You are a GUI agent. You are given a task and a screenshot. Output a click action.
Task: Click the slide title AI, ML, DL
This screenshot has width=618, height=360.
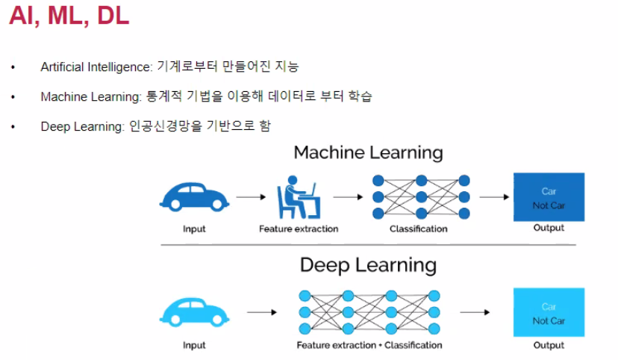tap(69, 16)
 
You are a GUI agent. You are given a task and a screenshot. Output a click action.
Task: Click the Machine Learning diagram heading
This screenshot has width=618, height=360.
tap(368, 153)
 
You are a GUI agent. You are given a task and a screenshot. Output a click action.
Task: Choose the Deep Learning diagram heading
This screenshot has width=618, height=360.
tap(368, 265)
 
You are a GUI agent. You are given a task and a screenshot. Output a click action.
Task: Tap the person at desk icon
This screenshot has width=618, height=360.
tap(299, 196)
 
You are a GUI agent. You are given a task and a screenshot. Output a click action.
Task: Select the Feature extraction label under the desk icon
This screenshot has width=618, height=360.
tap(299, 229)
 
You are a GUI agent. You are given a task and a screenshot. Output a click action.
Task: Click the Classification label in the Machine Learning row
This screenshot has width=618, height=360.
tap(419, 229)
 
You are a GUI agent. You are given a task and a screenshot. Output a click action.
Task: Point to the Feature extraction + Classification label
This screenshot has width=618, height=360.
tap(369, 345)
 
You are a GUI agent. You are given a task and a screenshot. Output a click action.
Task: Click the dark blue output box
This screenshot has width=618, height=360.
tap(549, 196)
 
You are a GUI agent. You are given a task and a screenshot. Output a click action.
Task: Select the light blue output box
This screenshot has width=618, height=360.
tap(549, 312)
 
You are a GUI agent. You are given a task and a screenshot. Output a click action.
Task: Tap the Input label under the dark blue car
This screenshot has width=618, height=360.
tap(194, 229)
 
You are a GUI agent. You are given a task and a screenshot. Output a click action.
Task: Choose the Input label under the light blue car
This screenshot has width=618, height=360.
tap(194, 345)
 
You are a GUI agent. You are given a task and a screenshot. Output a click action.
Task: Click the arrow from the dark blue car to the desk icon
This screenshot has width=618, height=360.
tap(251, 197)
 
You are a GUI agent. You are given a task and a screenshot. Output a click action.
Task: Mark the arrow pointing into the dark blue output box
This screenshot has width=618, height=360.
tap(493, 197)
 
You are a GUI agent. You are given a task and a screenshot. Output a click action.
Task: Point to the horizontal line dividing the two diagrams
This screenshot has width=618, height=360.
tap(368, 245)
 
